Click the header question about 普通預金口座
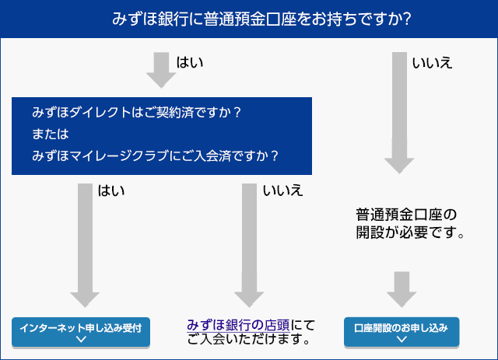coord(249,17)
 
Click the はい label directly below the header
coord(190,62)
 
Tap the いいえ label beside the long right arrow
coord(432,62)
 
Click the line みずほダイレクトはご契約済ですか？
coord(137,112)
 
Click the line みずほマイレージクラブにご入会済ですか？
coord(156,155)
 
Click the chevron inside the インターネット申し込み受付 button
coord(81,339)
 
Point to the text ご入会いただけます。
coord(249,340)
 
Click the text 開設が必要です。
coord(410,232)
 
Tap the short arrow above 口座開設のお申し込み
coord(401,288)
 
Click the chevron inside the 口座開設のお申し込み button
coord(402,339)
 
